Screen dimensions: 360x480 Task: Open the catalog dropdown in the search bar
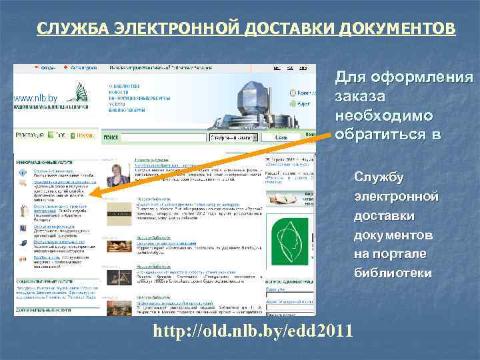(x=233, y=137)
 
